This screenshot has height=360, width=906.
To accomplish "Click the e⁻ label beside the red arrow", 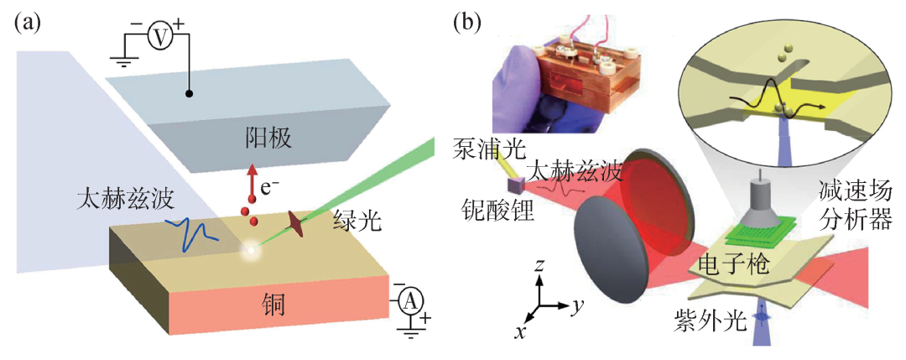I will click(x=270, y=178).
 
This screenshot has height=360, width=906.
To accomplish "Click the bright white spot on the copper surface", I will click(x=248, y=249).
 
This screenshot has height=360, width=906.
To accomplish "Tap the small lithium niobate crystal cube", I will click(x=513, y=180).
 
